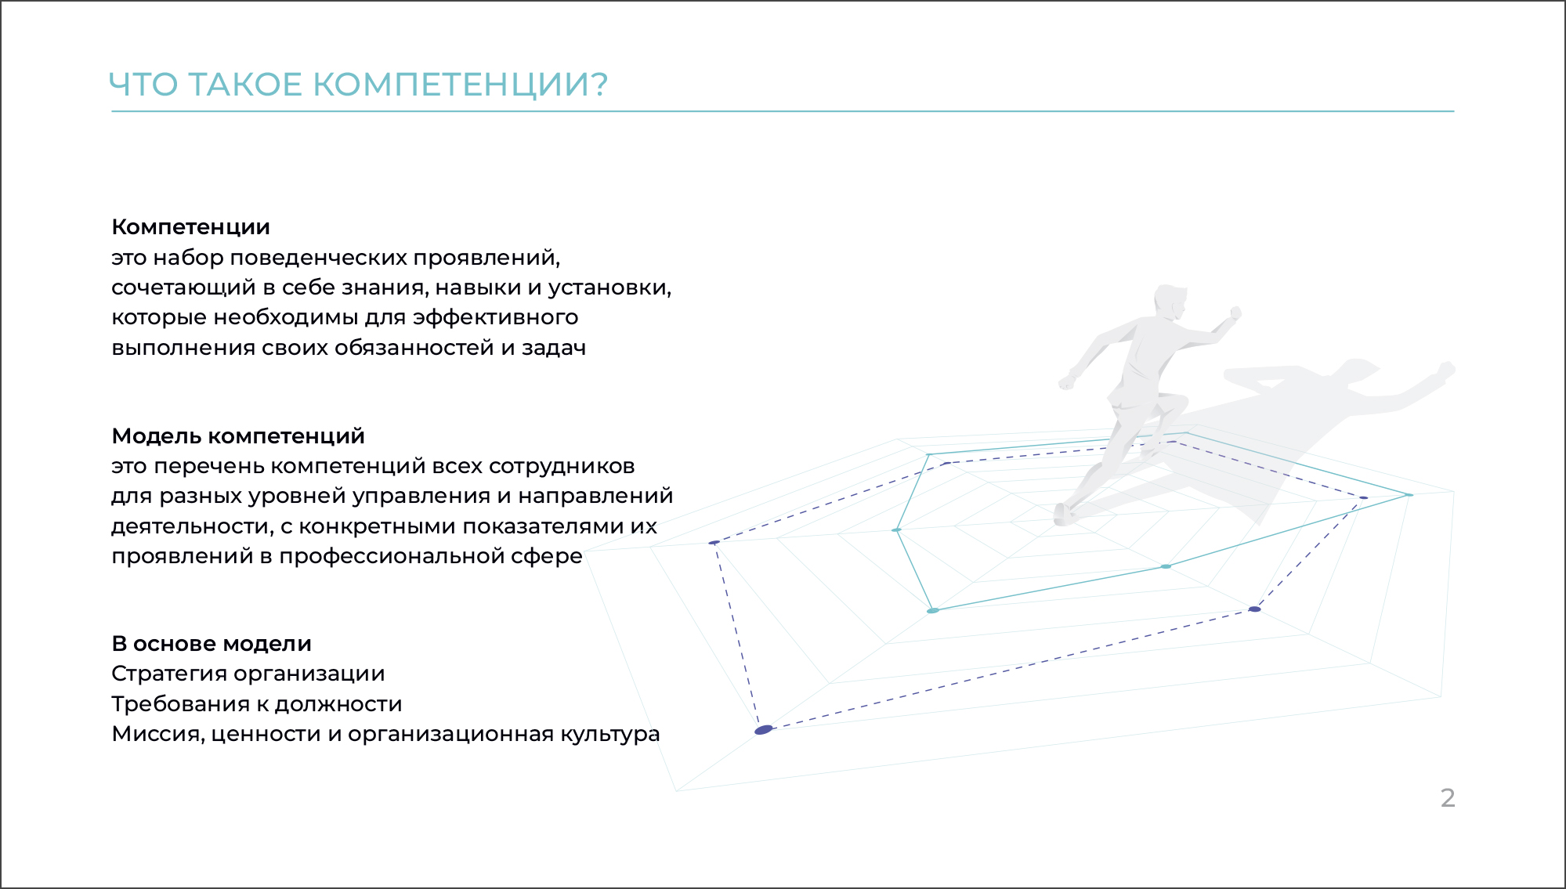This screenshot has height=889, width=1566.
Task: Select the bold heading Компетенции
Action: tap(190, 227)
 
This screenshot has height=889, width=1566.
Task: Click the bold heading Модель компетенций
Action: tap(238, 436)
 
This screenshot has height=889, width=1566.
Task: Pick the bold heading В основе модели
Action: tap(212, 644)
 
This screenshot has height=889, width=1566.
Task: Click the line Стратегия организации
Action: tap(248, 674)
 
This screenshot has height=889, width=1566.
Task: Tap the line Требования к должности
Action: tap(257, 704)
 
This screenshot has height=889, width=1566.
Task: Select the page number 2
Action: tap(1448, 797)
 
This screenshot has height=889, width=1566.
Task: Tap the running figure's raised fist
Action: tap(1235, 313)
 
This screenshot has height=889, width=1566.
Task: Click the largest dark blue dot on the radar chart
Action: tap(764, 730)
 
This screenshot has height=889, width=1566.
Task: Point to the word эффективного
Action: tap(496, 318)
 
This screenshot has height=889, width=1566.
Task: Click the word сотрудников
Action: tap(562, 467)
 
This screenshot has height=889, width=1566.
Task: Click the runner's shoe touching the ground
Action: tap(1063, 514)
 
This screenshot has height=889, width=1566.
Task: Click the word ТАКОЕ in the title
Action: tap(245, 85)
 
